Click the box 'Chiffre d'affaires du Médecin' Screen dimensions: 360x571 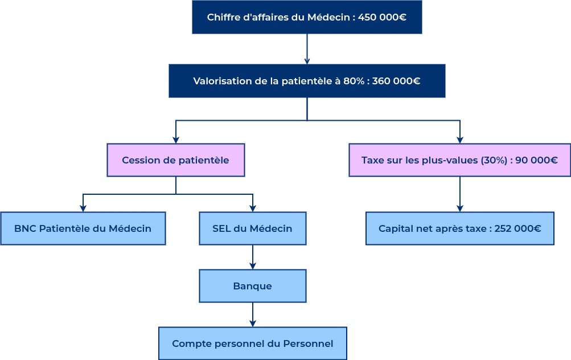click(306, 17)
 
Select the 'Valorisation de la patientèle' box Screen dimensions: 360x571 click(306, 81)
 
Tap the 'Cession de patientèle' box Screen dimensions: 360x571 click(175, 160)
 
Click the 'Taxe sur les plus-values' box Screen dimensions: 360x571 click(459, 160)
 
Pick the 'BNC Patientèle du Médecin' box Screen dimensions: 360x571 click(83, 228)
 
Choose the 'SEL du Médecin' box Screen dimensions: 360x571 click(252, 228)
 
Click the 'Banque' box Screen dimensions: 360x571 click(252, 286)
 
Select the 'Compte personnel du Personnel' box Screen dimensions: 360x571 click(252, 343)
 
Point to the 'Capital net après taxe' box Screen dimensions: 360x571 click(459, 228)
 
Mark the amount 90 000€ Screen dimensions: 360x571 click(536, 160)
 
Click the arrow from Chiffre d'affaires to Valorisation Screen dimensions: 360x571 click(307, 49)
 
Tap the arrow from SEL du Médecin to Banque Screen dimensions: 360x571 click(252, 257)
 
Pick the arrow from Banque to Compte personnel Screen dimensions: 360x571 click(252, 314)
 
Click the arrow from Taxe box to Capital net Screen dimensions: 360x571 click(459, 194)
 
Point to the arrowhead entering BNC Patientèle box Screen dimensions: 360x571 click(83, 208)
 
